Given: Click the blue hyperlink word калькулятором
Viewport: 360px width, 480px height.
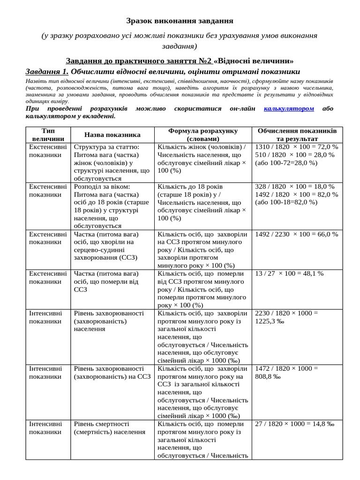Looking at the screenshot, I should [x=289, y=108].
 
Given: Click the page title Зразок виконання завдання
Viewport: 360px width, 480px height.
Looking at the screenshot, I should [x=180, y=21].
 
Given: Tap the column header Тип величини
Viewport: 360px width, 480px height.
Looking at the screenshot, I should [x=48, y=135].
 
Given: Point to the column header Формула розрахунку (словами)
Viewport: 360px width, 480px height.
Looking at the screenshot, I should [x=203, y=135].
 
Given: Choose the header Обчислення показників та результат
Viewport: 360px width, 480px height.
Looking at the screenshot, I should [x=297, y=135].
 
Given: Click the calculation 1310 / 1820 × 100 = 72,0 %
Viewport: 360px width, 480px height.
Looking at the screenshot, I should [x=296, y=147].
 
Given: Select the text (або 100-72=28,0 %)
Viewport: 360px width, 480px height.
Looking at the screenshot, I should [x=286, y=163].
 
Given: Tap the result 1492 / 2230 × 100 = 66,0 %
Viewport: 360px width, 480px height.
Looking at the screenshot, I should [x=296, y=234].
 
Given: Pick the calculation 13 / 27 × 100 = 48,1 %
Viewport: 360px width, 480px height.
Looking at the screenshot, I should [x=289, y=273].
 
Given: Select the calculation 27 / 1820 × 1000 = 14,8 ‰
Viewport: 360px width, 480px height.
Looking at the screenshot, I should [x=294, y=424].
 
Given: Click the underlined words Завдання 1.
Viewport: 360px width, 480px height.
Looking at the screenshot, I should [x=47, y=72].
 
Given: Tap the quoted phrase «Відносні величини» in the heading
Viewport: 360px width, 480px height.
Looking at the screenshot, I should [x=255, y=61].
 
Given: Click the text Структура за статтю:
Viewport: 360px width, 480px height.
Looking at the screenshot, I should [x=106, y=147].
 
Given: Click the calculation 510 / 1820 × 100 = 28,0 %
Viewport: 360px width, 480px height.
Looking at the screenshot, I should [x=294, y=155].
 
